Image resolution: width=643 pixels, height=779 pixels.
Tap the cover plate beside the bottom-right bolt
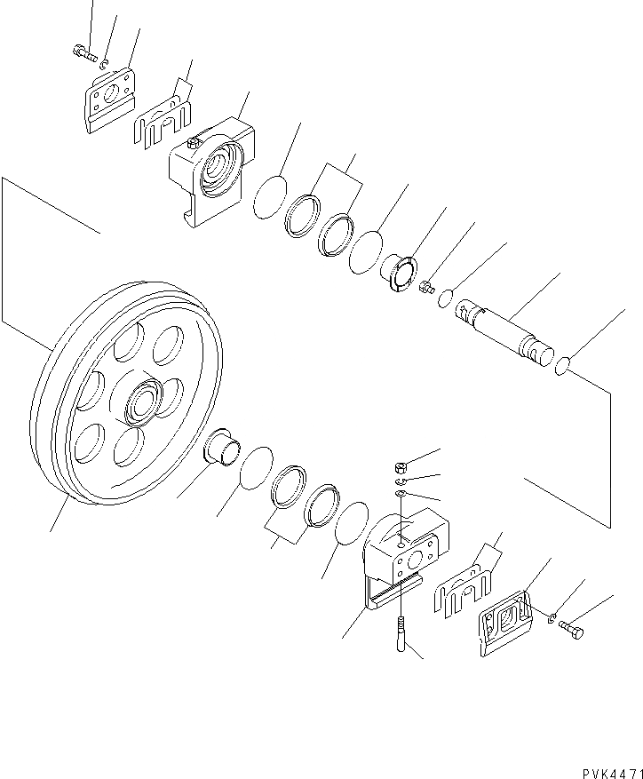(507, 618)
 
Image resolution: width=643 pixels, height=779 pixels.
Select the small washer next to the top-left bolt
(104, 63)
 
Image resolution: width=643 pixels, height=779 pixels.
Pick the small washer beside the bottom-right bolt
(552, 618)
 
